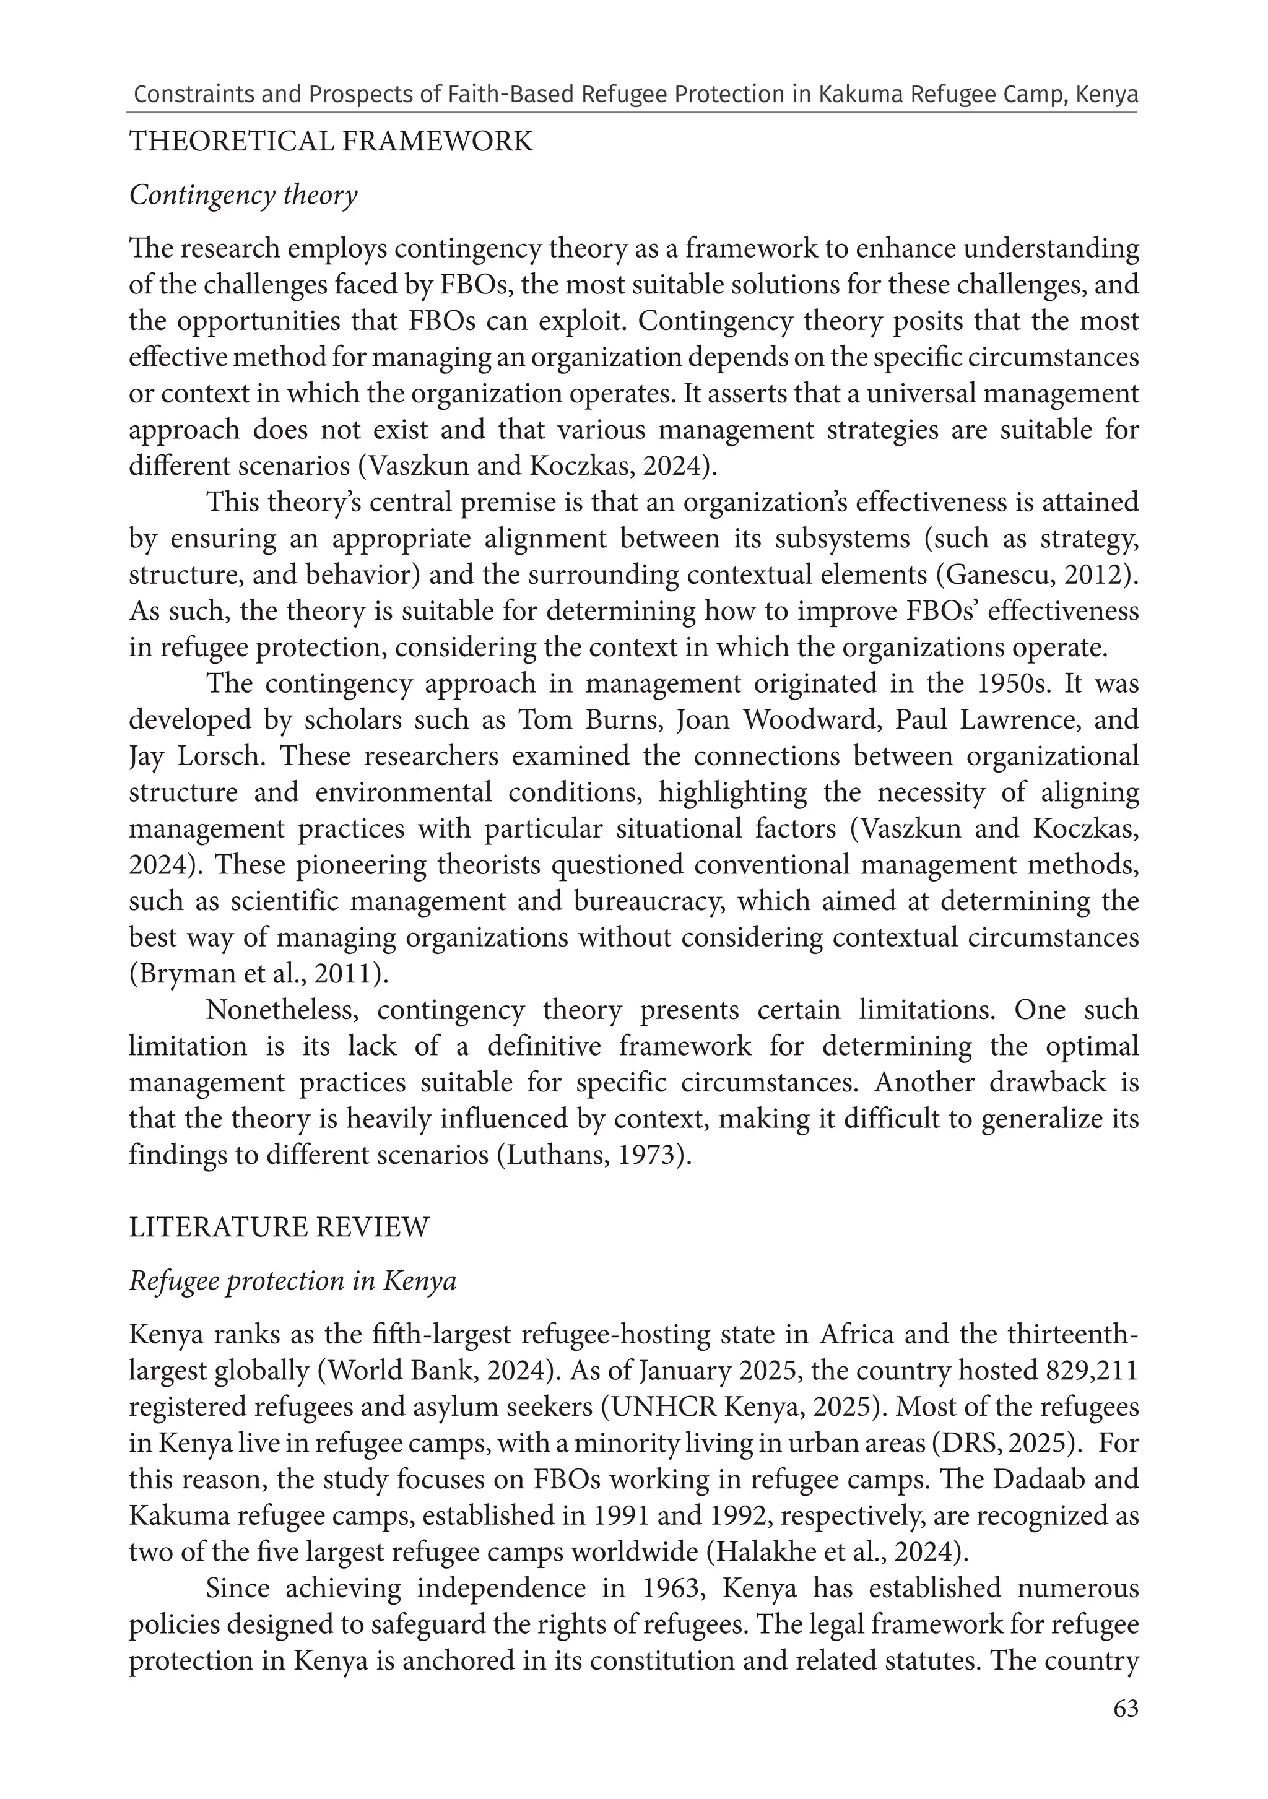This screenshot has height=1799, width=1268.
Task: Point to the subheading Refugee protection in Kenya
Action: click(x=292, y=1280)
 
